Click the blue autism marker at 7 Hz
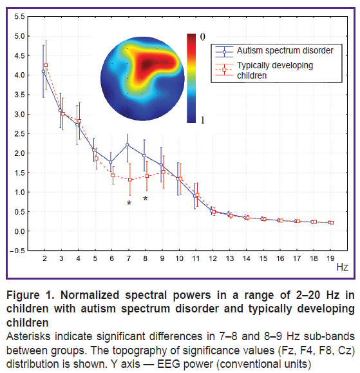[128, 145]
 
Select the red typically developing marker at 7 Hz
[130, 180]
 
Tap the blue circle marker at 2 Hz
[43, 71]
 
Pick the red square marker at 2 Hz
[46, 65]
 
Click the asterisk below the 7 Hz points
[129, 203]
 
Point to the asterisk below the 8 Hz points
[146, 198]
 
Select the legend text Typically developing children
[275, 70]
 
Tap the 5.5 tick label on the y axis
[19, 17]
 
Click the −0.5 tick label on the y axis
[17, 251]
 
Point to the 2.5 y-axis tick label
[19, 134]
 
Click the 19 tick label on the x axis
[330, 258]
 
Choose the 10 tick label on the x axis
[179, 258]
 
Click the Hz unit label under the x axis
[343, 267]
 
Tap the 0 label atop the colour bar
[203, 37]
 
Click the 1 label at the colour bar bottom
[203, 120]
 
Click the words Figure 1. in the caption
[30, 295]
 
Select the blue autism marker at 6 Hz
[111, 162]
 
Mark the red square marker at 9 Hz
[164, 172]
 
